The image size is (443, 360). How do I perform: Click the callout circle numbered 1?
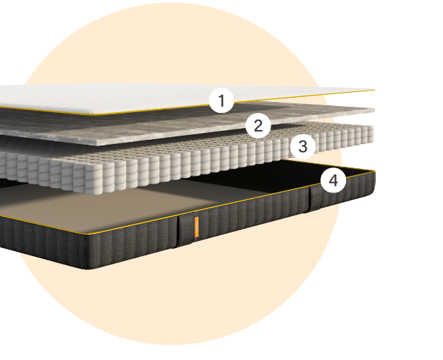click(221, 101)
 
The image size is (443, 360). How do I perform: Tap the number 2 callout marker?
click(258, 125)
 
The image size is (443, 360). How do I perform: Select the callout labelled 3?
click(303, 146)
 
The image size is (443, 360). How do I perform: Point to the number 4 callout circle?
click(334, 180)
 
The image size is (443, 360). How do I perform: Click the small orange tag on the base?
click(197, 227)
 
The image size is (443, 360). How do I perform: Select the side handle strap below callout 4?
click(316, 199)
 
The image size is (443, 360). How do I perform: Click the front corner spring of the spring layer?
click(93, 179)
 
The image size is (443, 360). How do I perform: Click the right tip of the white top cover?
click(374, 90)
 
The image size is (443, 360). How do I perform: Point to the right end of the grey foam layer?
click(374, 110)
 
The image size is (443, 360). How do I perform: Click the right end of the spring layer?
click(371, 134)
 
